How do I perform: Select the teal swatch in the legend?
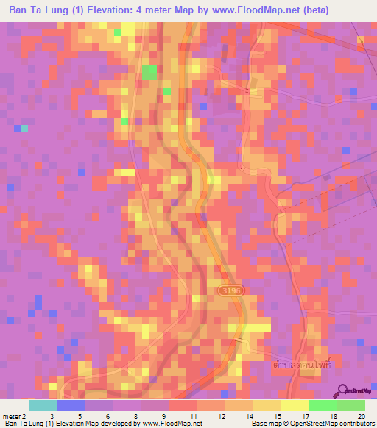pyautogui.click(x=43, y=405)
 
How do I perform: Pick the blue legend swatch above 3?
pyautogui.click(x=71, y=405)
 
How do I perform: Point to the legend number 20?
pyautogui.click(x=360, y=415)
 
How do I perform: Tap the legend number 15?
pyautogui.click(x=276, y=415)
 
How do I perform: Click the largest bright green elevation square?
pyautogui.click(x=149, y=72)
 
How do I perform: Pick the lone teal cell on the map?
pyautogui.click(x=24, y=128)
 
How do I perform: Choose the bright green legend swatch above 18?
pyautogui.click(x=323, y=405)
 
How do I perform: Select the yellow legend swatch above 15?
pyautogui.click(x=267, y=405)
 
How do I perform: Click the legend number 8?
pyautogui.click(x=136, y=415)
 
